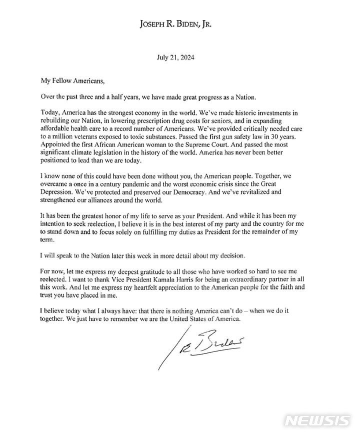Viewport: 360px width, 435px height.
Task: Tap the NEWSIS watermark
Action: pyautogui.click(x=317, y=420)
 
